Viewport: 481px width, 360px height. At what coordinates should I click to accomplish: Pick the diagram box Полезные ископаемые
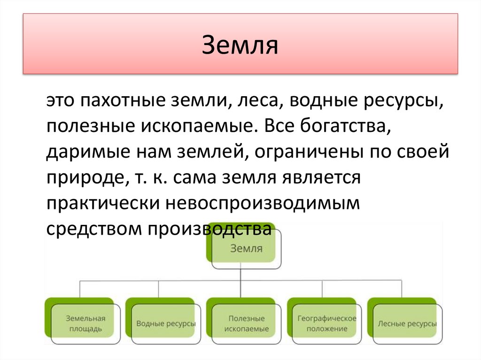(245, 323)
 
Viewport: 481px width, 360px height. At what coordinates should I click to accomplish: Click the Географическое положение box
(326, 323)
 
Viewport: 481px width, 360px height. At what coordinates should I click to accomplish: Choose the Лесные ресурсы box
(406, 323)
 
